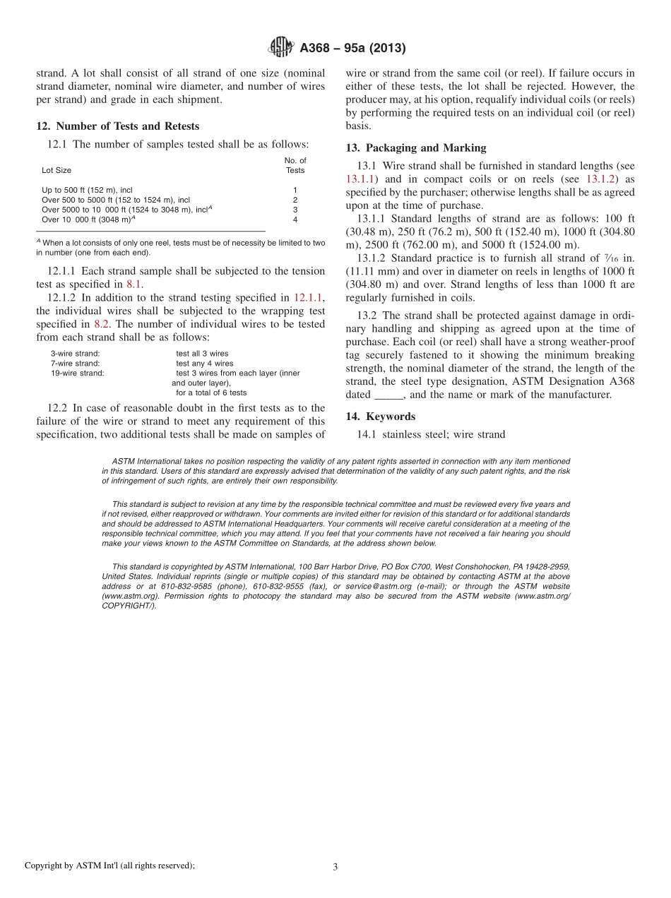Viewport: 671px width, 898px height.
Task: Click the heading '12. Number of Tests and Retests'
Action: click(x=117, y=126)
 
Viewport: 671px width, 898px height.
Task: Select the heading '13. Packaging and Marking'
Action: click(x=415, y=148)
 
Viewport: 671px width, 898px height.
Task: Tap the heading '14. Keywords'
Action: click(x=380, y=417)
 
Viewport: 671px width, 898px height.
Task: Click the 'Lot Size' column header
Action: click(x=57, y=170)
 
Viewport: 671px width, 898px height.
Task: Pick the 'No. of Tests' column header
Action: click(x=295, y=165)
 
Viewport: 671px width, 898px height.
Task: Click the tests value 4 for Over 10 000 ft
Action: click(x=295, y=220)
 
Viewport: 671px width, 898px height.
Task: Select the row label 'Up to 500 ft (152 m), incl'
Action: click(x=87, y=190)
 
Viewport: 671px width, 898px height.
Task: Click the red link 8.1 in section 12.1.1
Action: click(x=134, y=284)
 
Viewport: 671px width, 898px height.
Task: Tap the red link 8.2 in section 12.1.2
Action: click(x=102, y=324)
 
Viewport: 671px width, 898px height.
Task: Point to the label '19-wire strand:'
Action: click(x=77, y=373)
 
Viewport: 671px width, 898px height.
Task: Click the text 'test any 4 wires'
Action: click(x=204, y=363)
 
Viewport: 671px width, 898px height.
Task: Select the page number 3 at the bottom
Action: click(x=335, y=867)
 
